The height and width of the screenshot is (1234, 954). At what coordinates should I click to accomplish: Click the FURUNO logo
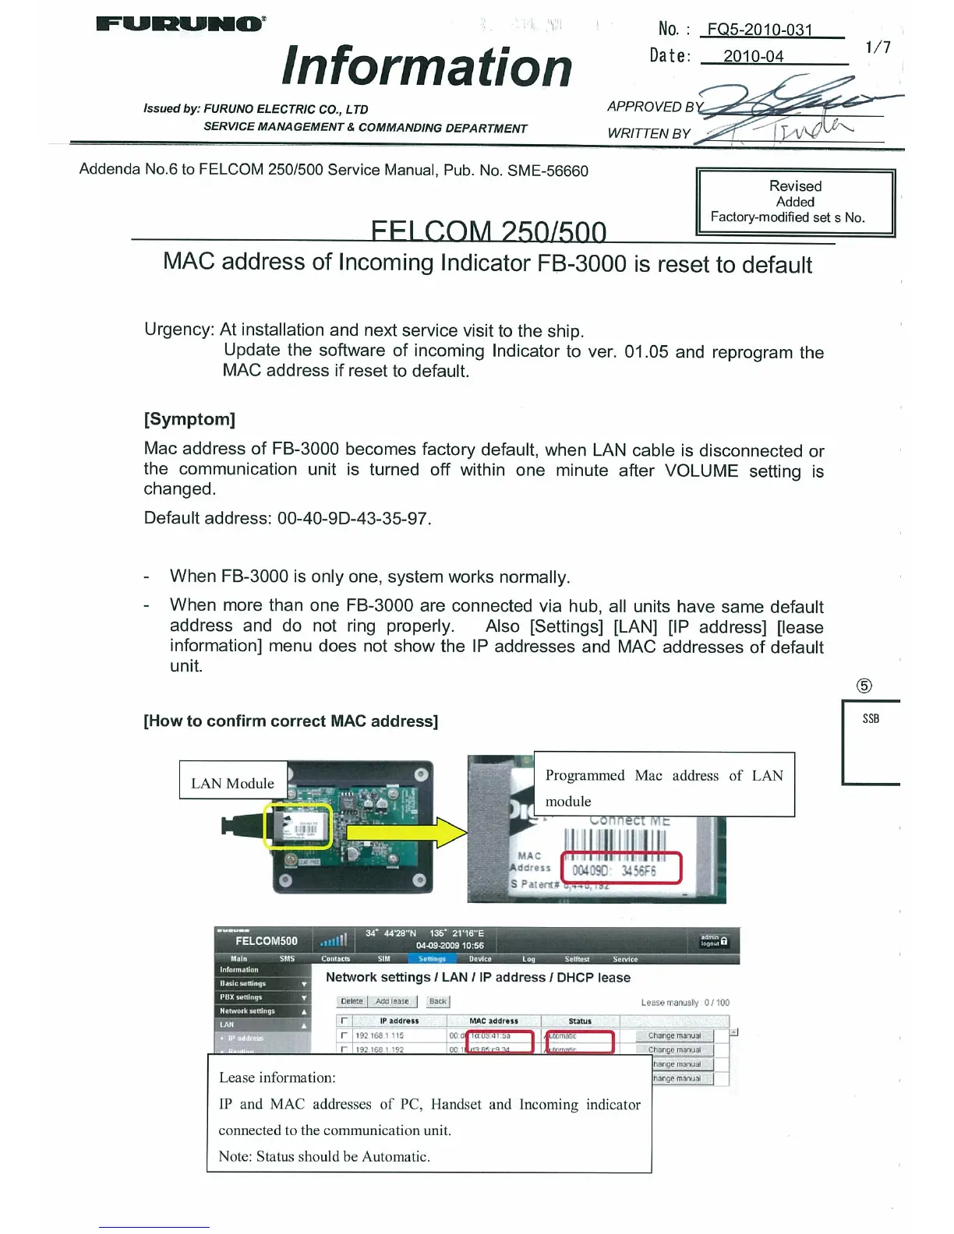tap(180, 23)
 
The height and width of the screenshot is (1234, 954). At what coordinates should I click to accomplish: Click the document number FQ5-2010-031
tap(759, 30)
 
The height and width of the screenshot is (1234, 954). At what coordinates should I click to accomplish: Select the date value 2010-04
tap(753, 56)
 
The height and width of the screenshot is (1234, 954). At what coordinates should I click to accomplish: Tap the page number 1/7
tap(878, 47)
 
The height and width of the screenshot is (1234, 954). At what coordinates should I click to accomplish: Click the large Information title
tap(427, 67)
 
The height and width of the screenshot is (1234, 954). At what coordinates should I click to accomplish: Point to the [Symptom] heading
tap(189, 419)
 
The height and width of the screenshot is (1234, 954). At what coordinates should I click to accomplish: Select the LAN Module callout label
tap(232, 783)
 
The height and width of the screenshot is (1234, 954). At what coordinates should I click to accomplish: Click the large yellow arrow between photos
tap(405, 832)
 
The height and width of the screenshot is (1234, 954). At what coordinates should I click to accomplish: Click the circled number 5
tap(864, 686)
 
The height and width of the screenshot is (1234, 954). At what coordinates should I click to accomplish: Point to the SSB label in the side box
tap(871, 719)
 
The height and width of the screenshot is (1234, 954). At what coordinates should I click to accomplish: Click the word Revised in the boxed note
tap(795, 186)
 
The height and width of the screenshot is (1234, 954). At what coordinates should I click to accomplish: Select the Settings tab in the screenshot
tap(432, 959)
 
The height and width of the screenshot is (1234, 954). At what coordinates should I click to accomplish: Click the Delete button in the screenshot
tap(352, 1001)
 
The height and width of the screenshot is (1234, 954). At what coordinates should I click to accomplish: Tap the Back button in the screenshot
tap(438, 1001)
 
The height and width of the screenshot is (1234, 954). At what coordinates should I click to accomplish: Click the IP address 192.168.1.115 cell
tap(380, 1035)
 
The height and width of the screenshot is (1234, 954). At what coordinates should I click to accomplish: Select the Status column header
tap(580, 1021)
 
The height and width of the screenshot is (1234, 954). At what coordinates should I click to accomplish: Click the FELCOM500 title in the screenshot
tap(266, 941)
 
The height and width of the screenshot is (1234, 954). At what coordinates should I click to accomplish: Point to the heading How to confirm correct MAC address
tap(291, 721)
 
